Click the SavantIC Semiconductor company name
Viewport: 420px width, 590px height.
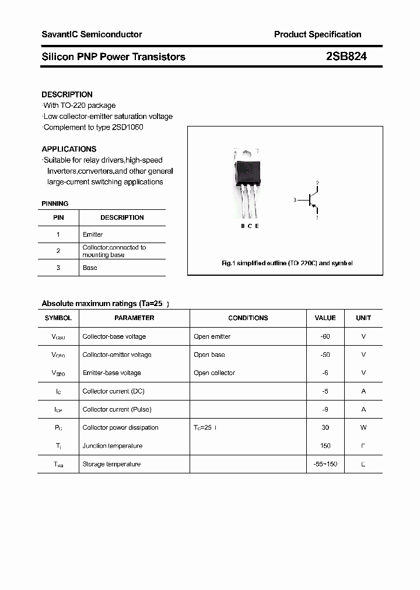click(x=92, y=34)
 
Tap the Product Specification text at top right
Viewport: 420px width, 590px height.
click(x=317, y=34)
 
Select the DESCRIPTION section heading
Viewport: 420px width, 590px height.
click(x=67, y=94)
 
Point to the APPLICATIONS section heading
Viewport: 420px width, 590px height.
click(x=69, y=149)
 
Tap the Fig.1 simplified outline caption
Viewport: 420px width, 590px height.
click(x=287, y=264)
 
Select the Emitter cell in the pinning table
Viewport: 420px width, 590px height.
click(x=93, y=234)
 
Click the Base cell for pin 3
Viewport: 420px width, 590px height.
click(x=90, y=268)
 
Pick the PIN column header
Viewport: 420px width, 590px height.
click(x=58, y=217)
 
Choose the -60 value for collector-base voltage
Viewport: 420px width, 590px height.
click(x=325, y=336)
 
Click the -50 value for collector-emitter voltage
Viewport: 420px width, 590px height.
click(x=325, y=354)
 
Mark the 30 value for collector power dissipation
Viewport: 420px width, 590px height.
click(x=325, y=427)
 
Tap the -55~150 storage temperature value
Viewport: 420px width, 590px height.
click(x=325, y=464)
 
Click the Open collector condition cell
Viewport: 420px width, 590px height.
click(x=214, y=373)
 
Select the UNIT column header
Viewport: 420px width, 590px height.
click(x=363, y=318)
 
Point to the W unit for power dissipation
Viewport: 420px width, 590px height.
click(x=363, y=427)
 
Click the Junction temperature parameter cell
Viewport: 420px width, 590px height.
click(x=113, y=446)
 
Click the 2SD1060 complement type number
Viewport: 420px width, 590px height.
click(x=128, y=127)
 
